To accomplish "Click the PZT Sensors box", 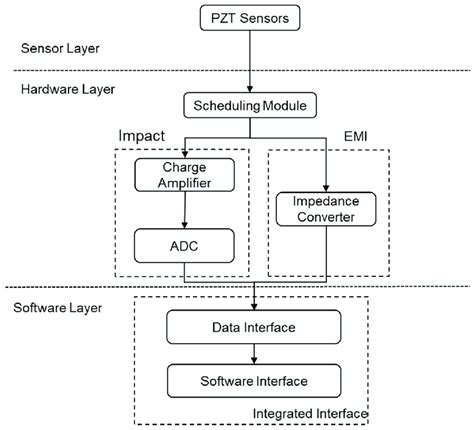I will pyautogui.click(x=257, y=19).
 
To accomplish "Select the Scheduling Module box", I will pyautogui.click(x=257, y=103).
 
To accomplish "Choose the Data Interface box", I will pyautogui.click(x=257, y=328).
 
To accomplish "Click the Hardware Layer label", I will pyautogui.click(x=67, y=89).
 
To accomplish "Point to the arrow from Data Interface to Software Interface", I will pyautogui.click(x=257, y=353).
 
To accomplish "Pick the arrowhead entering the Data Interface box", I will pyautogui.click(x=257, y=307).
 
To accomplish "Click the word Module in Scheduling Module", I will pyautogui.click(x=290, y=103).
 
